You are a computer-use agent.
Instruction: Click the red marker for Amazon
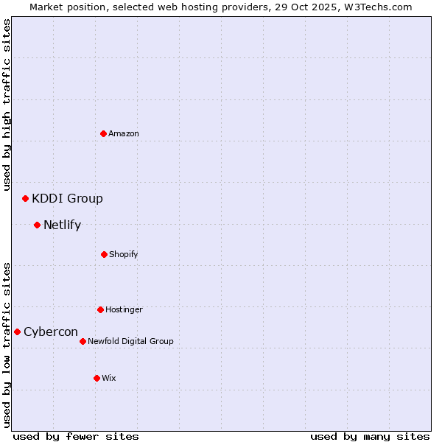click(103, 133)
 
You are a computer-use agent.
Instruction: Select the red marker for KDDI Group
click(25, 198)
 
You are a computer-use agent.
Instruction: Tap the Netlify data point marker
click(37, 225)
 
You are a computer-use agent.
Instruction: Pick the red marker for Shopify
click(104, 254)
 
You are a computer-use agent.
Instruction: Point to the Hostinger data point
click(100, 309)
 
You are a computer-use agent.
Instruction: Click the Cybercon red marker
click(17, 331)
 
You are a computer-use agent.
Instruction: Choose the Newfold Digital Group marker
click(83, 341)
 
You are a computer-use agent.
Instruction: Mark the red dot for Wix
click(97, 378)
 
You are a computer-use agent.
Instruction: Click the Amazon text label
click(124, 133)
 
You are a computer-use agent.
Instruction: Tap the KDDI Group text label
click(67, 198)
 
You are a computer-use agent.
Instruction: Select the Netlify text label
click(62, 225)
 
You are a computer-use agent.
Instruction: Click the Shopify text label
click(124, 254)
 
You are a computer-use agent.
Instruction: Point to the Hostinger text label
click(124, 309)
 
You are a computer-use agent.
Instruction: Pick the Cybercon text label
click(51, 331)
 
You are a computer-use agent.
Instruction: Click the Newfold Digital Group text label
click(130, 341)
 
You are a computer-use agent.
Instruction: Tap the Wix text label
click(109, 378)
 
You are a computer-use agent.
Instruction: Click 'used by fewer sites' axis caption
click(76, 436)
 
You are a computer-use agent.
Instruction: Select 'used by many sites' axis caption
click(370, 436)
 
